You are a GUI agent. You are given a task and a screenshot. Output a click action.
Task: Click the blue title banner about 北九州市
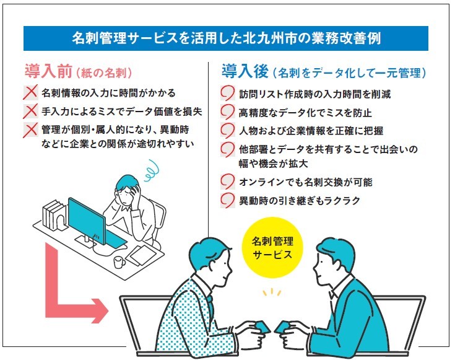click(x=226, y=38)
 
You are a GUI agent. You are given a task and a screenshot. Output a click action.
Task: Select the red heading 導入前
click(x=48, y=71)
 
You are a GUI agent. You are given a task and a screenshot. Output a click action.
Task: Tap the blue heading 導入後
click(x=245, y=71)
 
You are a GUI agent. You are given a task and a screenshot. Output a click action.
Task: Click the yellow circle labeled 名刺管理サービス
click(x=272, y=248)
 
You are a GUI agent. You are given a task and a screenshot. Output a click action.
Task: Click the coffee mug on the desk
click(x=119, y=262)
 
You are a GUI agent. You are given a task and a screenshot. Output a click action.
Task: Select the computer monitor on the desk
click(x=87, y=216)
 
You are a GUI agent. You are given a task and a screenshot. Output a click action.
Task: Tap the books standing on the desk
click(x=54, y=214)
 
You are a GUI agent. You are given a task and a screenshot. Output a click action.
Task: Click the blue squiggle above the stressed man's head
click(x=152, y=170)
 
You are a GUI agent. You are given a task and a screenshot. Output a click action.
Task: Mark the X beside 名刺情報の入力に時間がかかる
click(x=30, y=92)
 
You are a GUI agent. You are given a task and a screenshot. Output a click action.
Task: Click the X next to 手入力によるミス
click(x=30, y=111)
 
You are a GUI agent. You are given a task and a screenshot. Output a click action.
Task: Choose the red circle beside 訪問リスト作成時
click(x=227, y=93)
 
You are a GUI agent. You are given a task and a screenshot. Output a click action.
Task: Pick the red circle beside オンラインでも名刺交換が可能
click(x=227, y=182)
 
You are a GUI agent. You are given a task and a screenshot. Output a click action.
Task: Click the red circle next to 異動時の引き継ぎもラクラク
click(x=227, y=201)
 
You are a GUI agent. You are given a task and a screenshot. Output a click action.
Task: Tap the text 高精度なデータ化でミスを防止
click(x=305, y=112)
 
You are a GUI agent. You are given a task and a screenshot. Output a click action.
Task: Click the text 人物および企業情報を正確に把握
click(x=311, y=131)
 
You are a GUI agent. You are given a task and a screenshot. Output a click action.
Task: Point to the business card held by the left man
click(x=262, y=327)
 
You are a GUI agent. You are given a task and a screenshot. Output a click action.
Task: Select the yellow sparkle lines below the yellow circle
click(x=272, y=292)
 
